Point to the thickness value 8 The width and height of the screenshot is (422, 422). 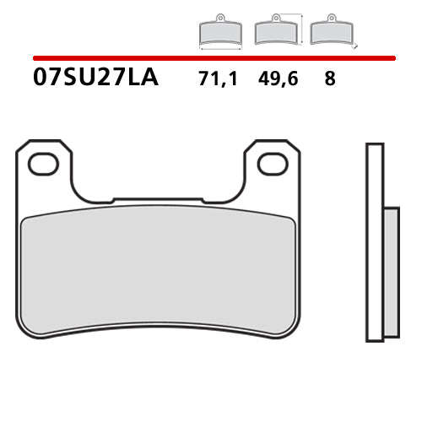coord(329,80)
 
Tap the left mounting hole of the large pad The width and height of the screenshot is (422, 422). coord(42,164)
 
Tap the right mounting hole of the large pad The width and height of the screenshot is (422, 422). coord(272,164)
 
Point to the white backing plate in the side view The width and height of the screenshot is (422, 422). coord(374,245)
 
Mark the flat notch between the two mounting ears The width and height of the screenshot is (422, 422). coord(158,200)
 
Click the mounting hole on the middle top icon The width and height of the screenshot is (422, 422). coord(273,17)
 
